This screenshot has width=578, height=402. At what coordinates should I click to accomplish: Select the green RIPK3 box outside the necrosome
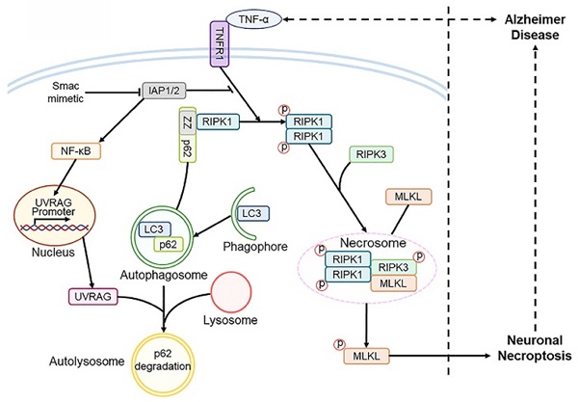(x=369, y=154)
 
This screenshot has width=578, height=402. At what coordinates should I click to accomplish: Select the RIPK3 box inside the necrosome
(x=393, y=268)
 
